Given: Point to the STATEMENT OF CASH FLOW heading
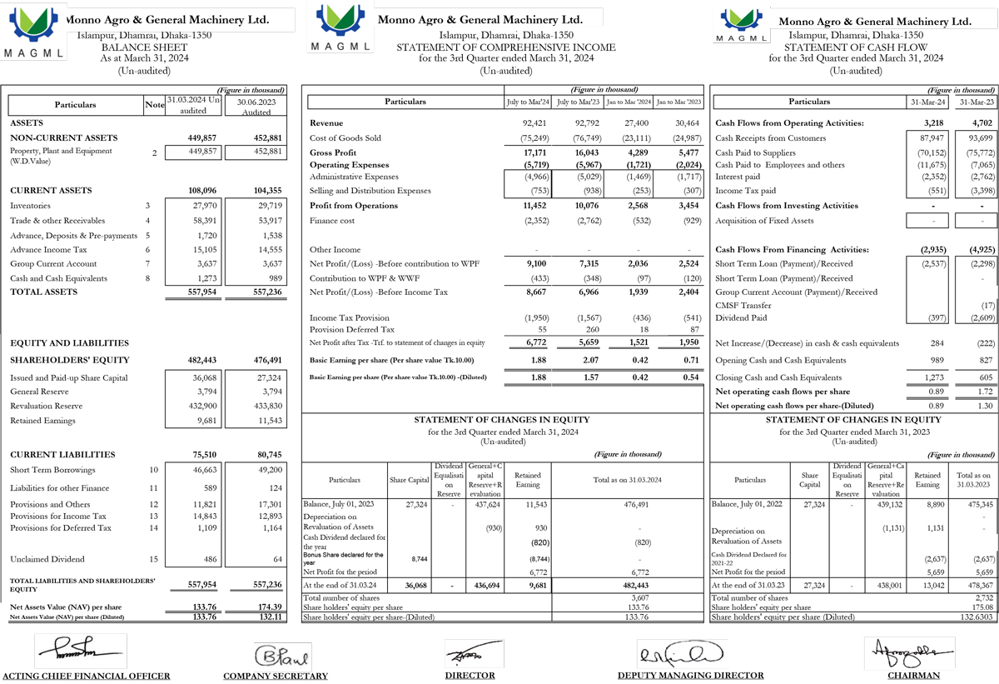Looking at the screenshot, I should (856, 47).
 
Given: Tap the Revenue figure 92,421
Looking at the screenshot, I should (534, 123).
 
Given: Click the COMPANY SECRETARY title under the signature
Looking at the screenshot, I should (276, 676).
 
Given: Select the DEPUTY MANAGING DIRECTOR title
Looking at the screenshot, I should (690, 676).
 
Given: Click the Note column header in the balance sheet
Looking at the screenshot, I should (154, 105).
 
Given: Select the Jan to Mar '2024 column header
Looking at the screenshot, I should (629, 102).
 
